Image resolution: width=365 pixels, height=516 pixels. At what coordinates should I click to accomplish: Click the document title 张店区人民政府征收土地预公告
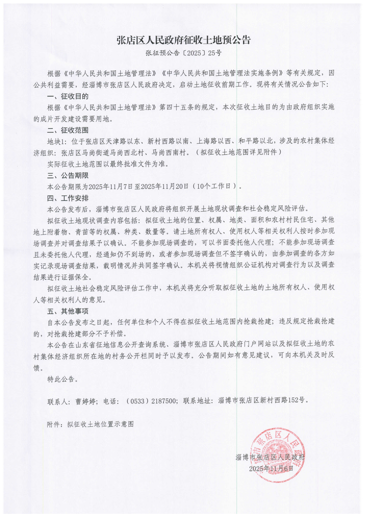click(x=183, y=40)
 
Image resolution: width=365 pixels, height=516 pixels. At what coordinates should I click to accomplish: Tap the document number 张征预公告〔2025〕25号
click(x=183, y=53)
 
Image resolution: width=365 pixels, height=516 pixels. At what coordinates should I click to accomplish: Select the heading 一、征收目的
click(x=68, y=96)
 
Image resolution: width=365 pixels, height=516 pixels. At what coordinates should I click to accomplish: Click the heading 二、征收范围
click(x=68, y=130)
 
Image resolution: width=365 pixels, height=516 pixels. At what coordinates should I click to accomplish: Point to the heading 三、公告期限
click(x=68, y=175)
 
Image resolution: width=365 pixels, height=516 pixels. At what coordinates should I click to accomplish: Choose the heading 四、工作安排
click(x=68, y=198)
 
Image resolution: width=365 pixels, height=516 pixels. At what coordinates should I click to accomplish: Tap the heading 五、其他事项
click(x=68, y=311)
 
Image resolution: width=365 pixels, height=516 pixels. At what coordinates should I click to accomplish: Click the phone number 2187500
click(x=163, y=401)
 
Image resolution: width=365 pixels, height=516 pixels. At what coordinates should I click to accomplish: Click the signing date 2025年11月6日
click(x=271, y=469)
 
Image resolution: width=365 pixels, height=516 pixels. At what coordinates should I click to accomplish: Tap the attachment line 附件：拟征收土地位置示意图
click(x=90, y=424)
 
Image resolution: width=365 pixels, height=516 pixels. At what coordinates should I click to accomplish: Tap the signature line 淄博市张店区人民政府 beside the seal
click(x=270, y=457)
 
